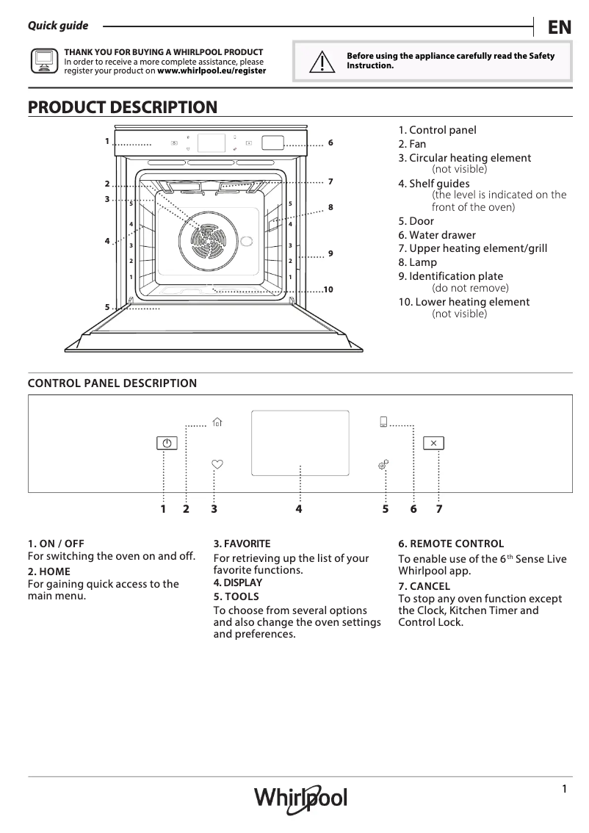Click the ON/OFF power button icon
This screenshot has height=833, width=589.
point(167,443)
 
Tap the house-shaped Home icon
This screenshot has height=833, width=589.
point(217,422)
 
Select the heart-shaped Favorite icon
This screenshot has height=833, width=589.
point(217,464)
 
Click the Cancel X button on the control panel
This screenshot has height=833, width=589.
point(433,443)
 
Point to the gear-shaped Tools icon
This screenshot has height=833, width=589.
point(383,464)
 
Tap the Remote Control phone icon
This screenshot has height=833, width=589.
point(383,422)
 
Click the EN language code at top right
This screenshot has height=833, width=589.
point(559,27)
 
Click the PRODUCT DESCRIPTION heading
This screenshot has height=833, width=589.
point(123,107)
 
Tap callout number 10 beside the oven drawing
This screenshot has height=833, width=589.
point(328,290)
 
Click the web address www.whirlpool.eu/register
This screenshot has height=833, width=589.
point(212,71)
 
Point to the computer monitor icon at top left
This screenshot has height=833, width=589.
point(43,61)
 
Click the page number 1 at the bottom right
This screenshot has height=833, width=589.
point(564,789)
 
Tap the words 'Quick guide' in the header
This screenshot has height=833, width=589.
point(58,26)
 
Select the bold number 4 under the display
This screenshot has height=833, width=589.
point(299,508)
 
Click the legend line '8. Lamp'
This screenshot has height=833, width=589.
point(417,262)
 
